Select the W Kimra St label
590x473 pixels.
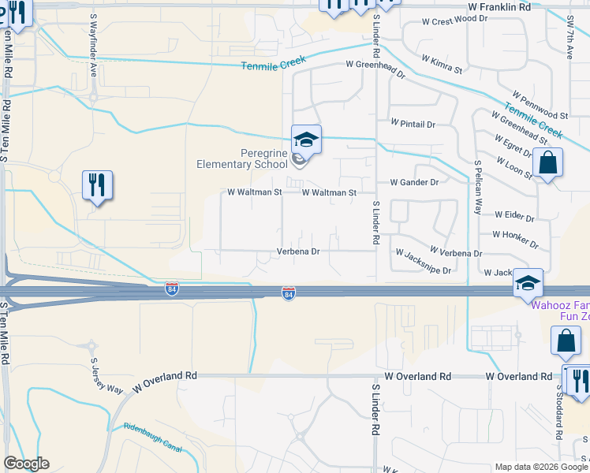click(x=441, y=64)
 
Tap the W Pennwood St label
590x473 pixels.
click(x=538, y=102)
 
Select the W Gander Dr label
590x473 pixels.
click(x=414, y=182)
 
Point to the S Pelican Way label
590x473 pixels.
click(x=477, y=188)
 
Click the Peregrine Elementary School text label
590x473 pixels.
click(x=242, y=158)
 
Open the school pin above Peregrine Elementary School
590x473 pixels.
click(x=306, y=141)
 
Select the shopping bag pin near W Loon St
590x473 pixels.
click(x=547, y=164)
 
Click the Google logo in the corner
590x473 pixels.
click(x=26, y=464)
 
